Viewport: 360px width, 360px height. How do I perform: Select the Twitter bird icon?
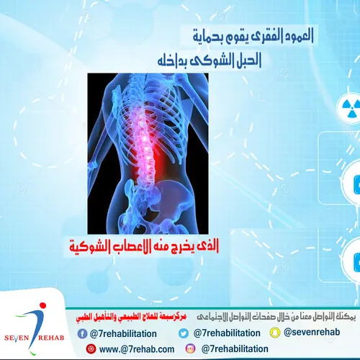tap(183, 333)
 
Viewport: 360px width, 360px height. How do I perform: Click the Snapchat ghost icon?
tap(274, 332)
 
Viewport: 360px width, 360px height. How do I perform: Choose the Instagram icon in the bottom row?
tap(190, 348)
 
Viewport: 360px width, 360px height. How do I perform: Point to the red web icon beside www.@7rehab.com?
tap(90, 349)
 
